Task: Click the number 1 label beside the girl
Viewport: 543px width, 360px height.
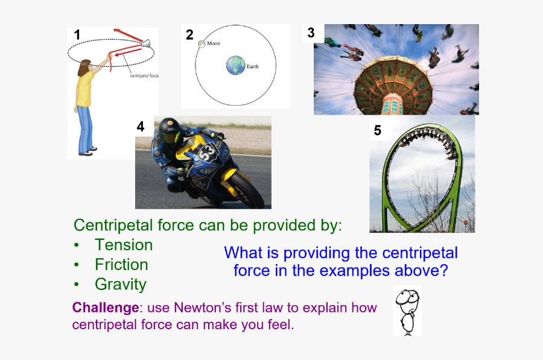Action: click(77, 35)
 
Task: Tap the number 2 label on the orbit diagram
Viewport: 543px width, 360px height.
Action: click(189, 35)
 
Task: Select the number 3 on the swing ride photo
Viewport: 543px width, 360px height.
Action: click(311, 33)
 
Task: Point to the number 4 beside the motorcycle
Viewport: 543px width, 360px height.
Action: click(141, 127)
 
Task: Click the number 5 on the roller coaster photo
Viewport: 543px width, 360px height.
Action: click(378, 130)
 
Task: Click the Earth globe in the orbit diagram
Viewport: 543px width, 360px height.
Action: click(236, 65)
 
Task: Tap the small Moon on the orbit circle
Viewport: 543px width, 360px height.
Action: click(202, 44)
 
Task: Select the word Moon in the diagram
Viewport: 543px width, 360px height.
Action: click(214, 43)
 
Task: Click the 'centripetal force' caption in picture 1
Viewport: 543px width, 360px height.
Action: click(144, 75)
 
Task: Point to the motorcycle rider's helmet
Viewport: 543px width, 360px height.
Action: click(170, 131)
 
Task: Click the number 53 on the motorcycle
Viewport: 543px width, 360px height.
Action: click(208, 153)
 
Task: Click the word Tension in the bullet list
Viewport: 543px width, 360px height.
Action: click(124, 245)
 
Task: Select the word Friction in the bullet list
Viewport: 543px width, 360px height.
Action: click(121, 265)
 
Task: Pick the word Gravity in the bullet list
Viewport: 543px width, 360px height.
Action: click(121, 285)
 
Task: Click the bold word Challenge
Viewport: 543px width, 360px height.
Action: click(106, 308)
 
